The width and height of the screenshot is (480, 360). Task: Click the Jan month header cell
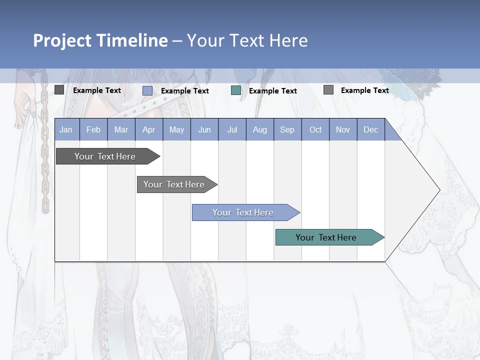tap(66, 129)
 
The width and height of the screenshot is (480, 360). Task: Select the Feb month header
tap(93, 129)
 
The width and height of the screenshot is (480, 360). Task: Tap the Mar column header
tap(121, 129)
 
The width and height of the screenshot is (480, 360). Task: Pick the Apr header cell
tap(149, 129)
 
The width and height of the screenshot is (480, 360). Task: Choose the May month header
tap(176, 129)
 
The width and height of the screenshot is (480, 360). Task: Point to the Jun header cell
tap(204, 129)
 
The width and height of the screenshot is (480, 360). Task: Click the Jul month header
tap(232, 129)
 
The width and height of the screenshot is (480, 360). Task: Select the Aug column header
tap(260, 129)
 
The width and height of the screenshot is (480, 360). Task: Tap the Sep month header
tap(287, 129)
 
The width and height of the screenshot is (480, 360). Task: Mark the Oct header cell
tap(315, 129)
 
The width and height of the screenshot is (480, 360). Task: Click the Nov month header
tap(343, 129)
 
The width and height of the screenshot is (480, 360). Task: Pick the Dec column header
tap(371, 129)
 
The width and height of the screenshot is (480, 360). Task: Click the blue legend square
tap(147, 90)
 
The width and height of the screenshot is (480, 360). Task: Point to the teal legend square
tap(236, 90)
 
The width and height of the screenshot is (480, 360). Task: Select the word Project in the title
tap(63, 40)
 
